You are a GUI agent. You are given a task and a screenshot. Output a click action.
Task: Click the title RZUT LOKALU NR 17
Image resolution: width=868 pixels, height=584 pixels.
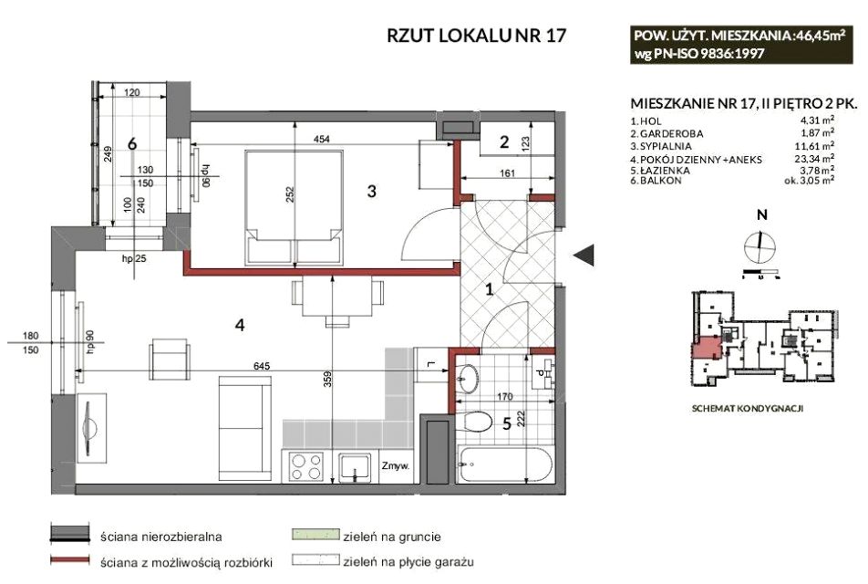coord(477,35)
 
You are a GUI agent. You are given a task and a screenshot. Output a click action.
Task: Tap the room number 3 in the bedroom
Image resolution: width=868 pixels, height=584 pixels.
coord(372,191)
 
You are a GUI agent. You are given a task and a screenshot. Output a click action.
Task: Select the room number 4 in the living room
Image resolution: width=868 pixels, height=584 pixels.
coord(240,325)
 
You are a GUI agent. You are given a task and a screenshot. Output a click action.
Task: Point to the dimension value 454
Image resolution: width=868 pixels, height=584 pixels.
coord(321,139)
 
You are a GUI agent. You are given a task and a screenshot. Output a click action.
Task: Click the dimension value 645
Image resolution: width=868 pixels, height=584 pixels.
coord(262,366)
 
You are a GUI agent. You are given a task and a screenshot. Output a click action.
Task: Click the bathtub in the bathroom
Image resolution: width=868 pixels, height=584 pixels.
coord(505,464)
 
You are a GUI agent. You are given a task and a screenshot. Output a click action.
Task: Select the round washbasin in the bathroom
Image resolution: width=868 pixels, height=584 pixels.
coord(470,379)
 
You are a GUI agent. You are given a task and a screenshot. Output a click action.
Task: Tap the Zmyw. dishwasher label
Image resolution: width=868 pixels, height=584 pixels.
coord(396,466)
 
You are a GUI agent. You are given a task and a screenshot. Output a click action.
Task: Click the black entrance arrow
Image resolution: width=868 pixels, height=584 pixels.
coord(584,255)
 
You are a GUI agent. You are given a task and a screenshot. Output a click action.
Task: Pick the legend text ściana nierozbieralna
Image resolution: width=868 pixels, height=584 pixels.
coord(161,537)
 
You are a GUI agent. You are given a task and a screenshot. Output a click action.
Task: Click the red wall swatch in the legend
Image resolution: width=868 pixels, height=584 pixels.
coord(69,560)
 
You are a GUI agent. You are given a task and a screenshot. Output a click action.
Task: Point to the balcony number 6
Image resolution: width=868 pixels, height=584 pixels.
coord(131,143)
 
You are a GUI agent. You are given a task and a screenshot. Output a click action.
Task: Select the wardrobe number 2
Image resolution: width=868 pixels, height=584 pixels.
coord(504,141)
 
